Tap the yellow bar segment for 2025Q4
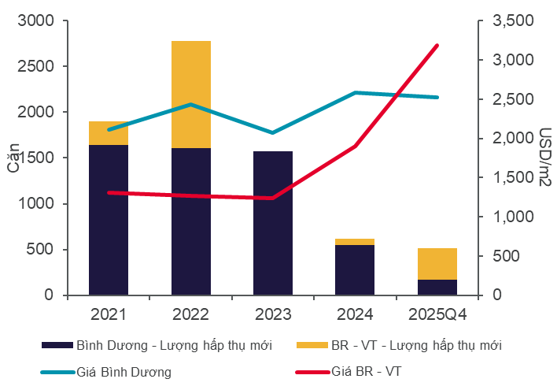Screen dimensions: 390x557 tap(437, 264)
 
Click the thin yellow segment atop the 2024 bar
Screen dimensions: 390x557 tap(355, 242)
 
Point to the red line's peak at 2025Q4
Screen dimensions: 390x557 tap(437, 46)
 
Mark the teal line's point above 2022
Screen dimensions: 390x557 tap(191, 104)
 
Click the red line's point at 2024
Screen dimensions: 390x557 tap(355, 147)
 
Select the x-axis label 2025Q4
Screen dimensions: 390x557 tap(437, 315)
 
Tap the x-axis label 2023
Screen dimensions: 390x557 tap(273, 315)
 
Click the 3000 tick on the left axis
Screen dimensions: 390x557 tap(38, 20)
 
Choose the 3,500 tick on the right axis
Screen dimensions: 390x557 tap(511, 21)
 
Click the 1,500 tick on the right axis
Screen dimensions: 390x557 tap(511, 178)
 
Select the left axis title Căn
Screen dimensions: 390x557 tap(13, 157)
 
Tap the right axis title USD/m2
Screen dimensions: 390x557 tap(543, 158)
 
